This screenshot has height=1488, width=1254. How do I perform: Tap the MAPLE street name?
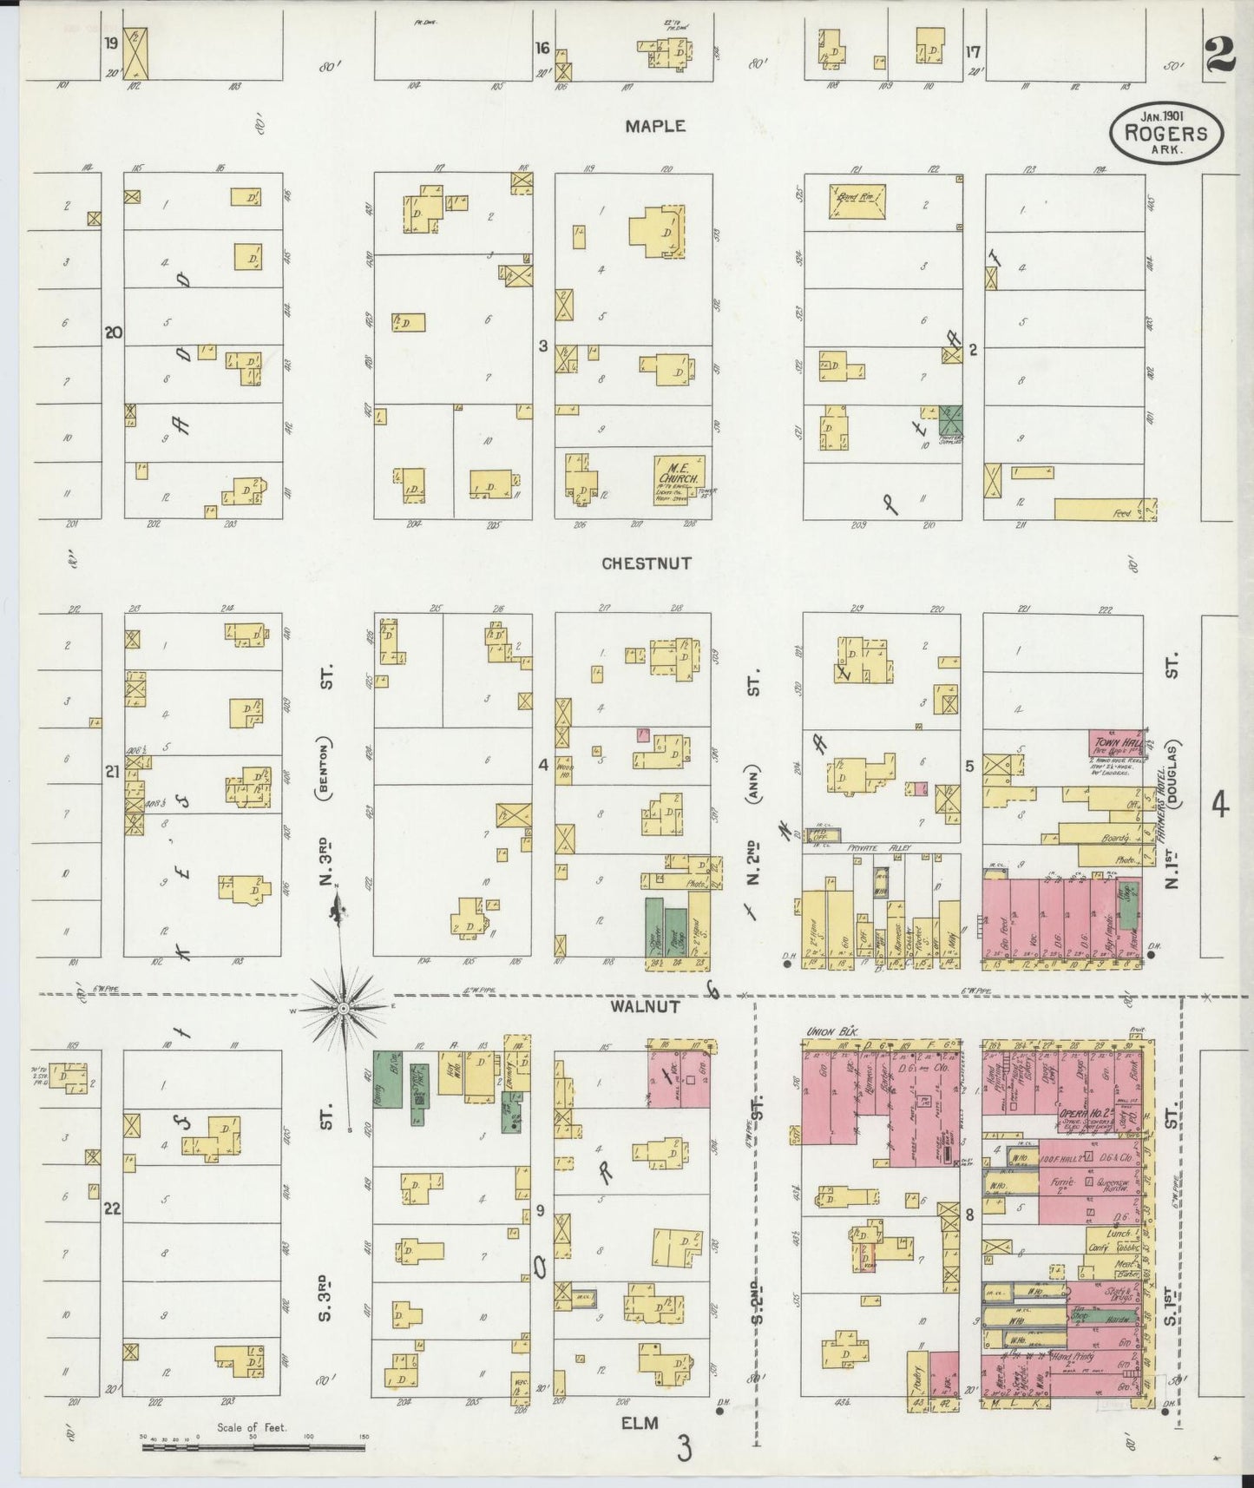click(655, 127)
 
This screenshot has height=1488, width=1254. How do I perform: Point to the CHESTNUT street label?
click(647, 563)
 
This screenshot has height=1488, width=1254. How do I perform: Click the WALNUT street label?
click(643, 1007)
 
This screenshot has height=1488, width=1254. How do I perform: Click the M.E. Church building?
click(679, 476)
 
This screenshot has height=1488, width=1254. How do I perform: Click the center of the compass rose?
click(344, 1007)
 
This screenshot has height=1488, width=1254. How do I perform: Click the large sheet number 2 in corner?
click(1220, 58)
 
